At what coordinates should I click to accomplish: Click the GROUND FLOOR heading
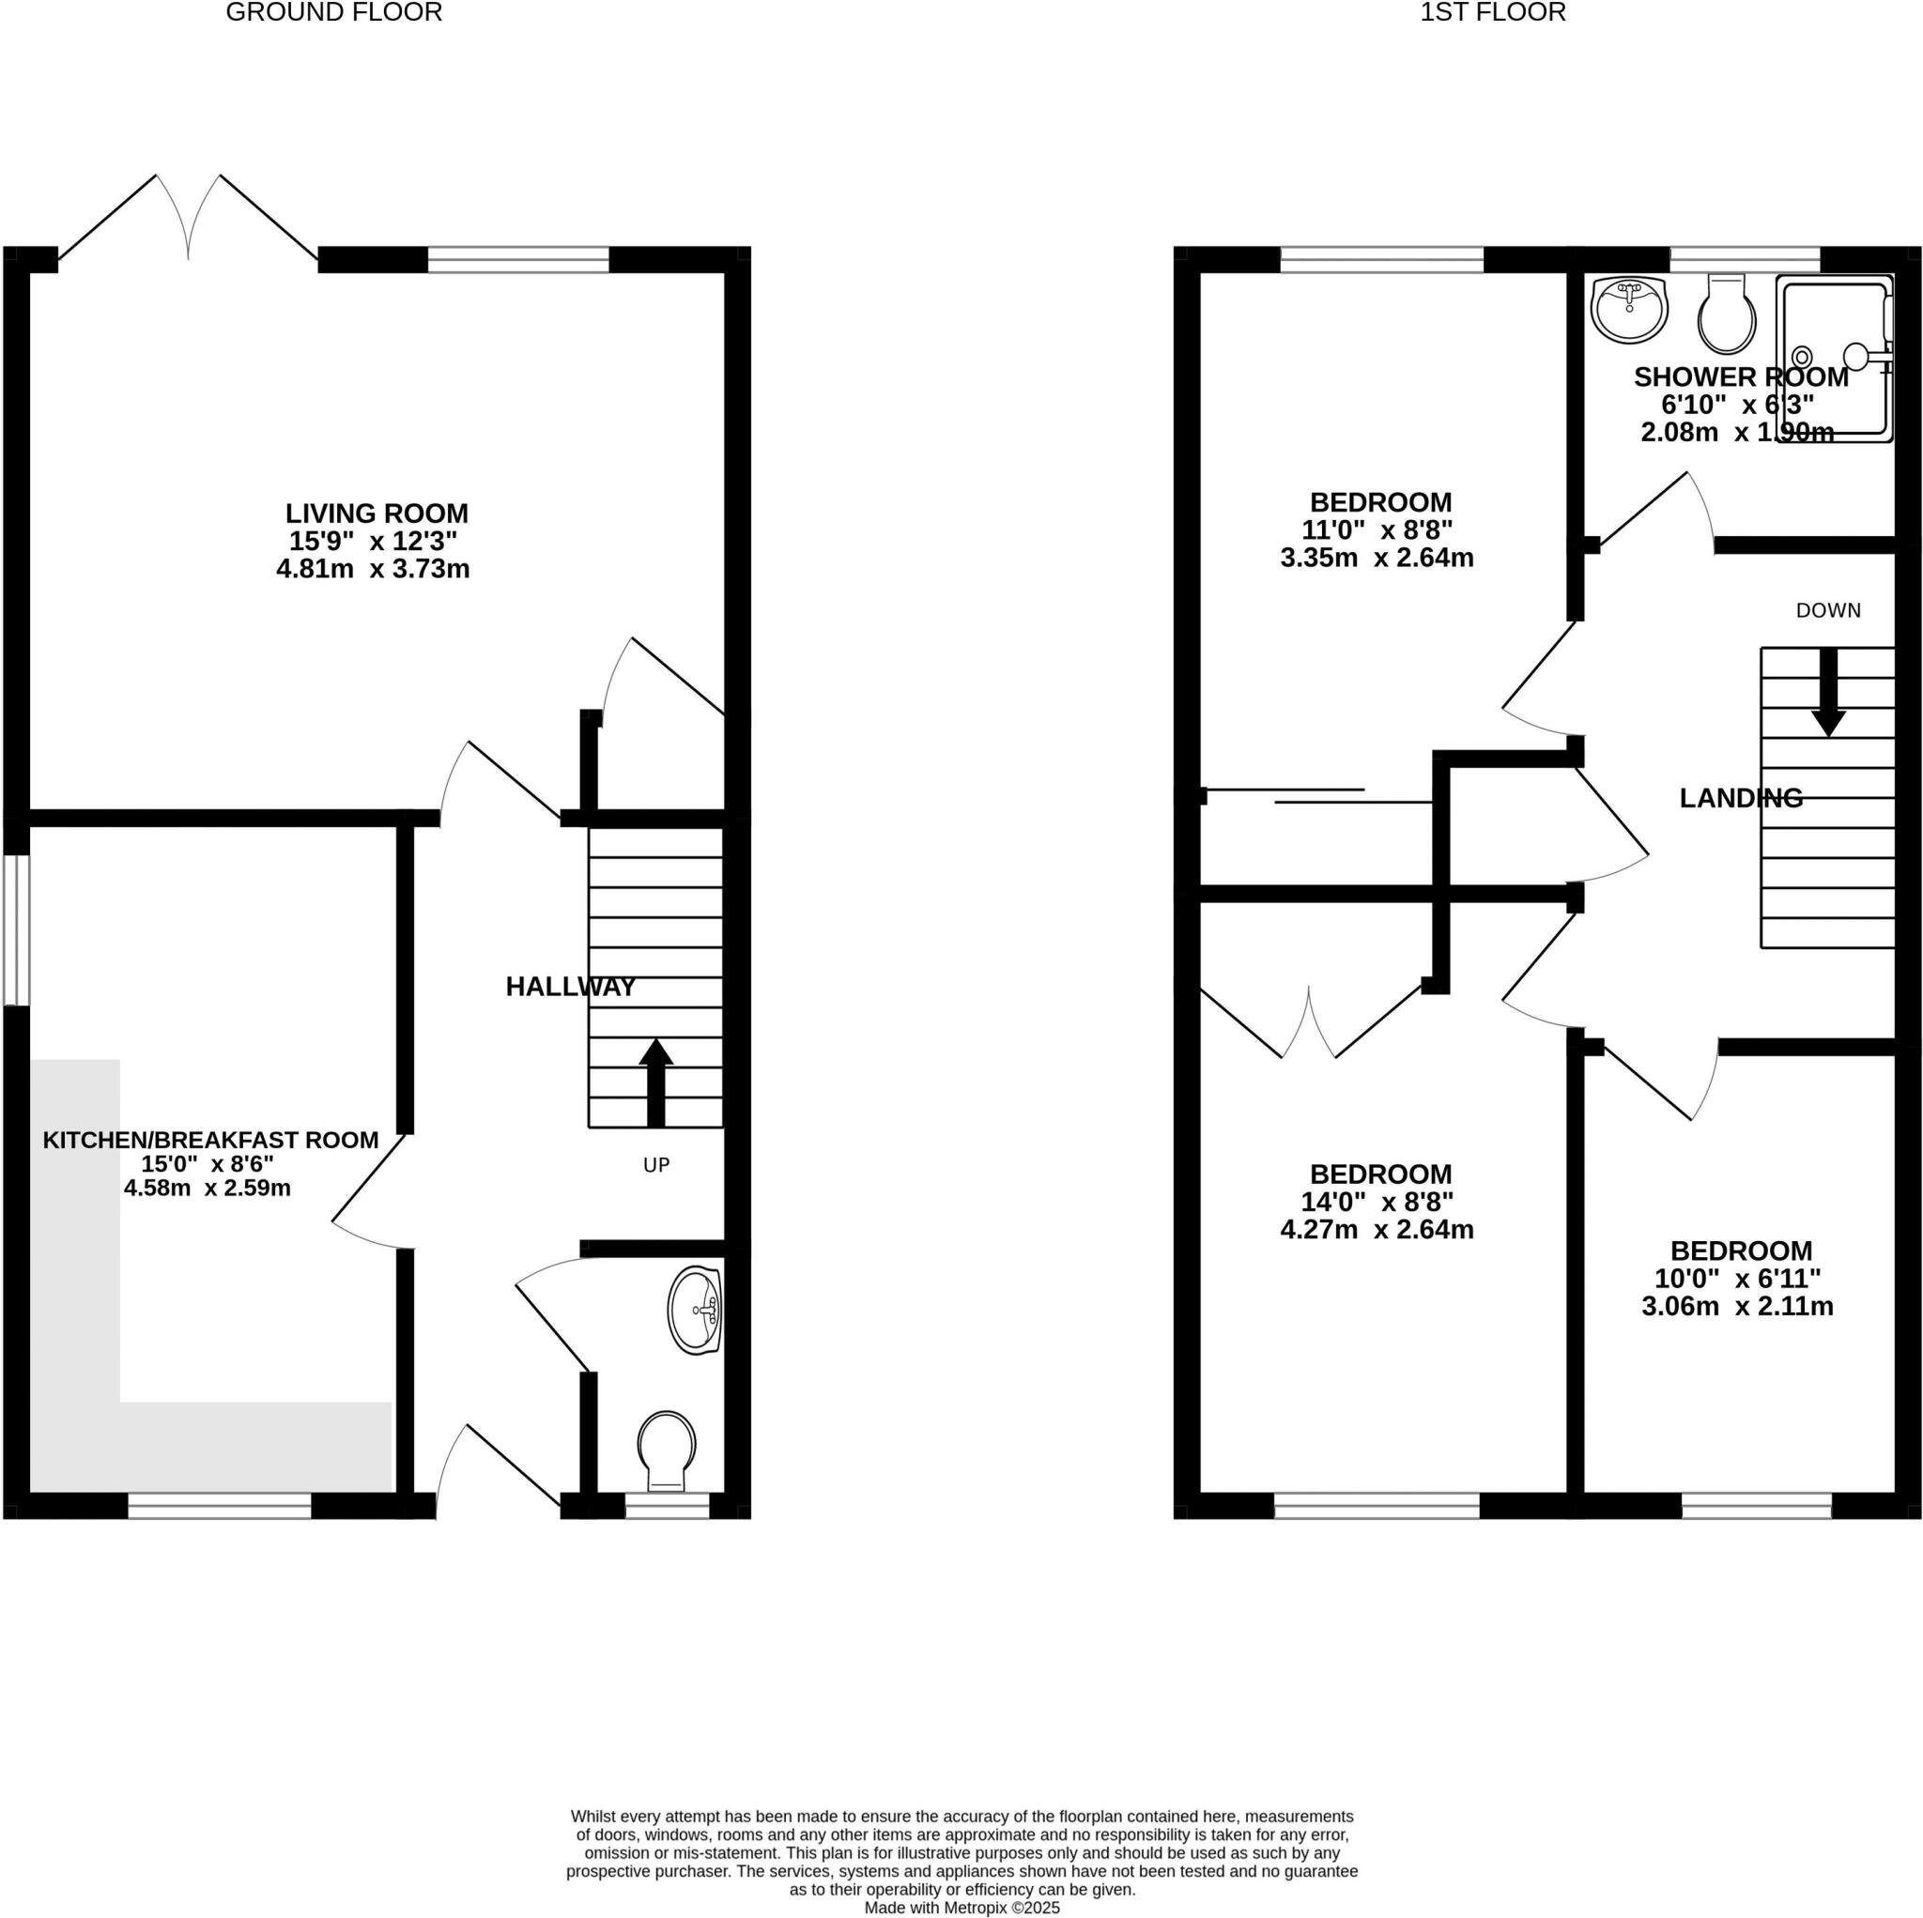333,12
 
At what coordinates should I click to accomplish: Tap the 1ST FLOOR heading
1492,12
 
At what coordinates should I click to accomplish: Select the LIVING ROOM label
377,514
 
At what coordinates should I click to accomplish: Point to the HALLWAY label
570,987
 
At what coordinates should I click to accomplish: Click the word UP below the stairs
656,1164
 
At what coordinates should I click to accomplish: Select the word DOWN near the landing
1827,610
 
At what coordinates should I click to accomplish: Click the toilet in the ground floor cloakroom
666,1449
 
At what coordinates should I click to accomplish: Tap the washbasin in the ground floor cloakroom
695,1311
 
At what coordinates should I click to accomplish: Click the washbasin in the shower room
1628,309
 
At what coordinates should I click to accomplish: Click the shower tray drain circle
1802,357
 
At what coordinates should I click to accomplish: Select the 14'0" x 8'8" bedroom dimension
1377,1202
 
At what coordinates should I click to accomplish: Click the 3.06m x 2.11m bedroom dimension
1737,1306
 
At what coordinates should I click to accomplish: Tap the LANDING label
1740,798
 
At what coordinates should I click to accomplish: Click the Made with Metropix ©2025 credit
961,1908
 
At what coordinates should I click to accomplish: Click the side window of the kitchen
16,929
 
